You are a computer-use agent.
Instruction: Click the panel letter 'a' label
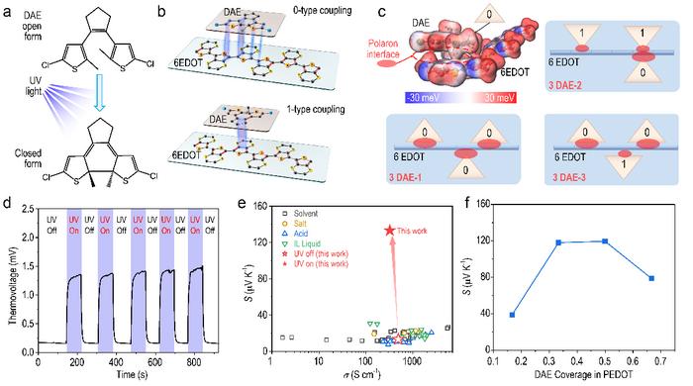7,9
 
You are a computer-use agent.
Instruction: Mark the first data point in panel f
512,315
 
